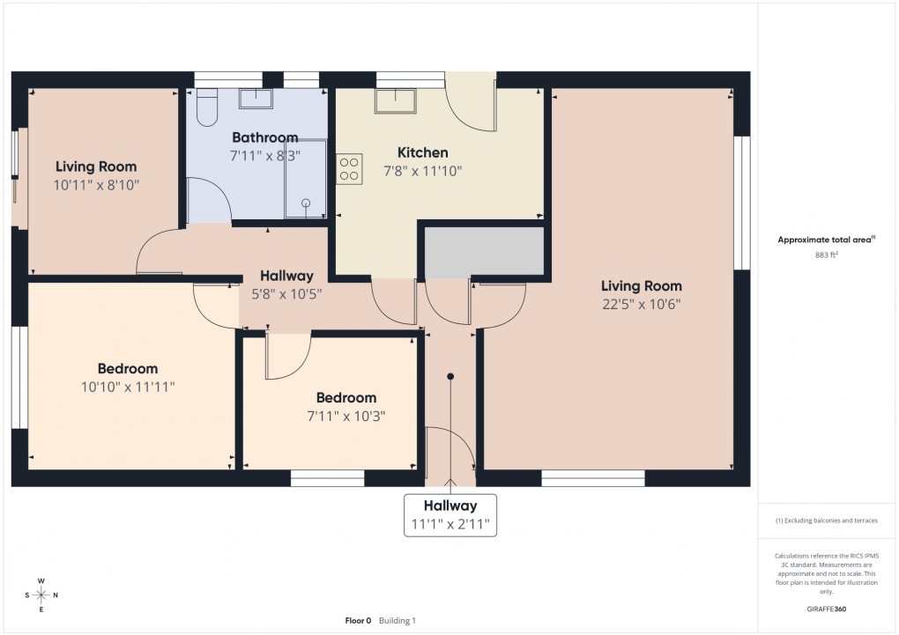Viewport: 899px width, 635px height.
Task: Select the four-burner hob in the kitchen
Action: tap(349, 168)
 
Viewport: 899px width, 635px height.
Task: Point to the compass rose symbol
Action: tap(41, 595)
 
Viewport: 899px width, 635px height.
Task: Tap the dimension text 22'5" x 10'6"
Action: tap(641, 304)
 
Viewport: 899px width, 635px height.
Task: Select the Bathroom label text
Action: tap(264, 137)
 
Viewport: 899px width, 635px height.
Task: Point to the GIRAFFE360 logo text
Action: tap(827, 609)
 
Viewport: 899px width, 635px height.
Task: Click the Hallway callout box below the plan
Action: tap(450, 515)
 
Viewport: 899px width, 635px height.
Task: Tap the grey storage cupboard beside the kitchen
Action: tap(484, 252)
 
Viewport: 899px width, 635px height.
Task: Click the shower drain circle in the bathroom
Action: tap(307, 203)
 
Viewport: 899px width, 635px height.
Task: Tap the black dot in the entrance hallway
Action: tap(450, 377)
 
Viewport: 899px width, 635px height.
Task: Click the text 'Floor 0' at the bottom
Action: tap(358, 620)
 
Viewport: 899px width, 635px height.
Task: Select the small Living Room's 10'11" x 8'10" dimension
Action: tap(96, 185)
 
